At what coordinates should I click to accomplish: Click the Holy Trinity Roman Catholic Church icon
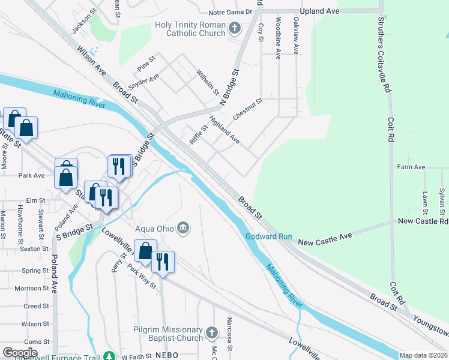tap(235, 27)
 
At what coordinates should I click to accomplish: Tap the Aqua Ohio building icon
tap(184, 227)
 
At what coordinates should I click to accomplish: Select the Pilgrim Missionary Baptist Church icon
tap(211, 332)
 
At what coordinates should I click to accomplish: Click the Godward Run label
tap(268, 236)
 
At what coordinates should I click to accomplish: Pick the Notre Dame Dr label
tap(231, 13)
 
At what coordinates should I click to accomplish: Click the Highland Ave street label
tap(224, 130)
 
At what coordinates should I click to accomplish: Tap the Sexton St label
tap(34, 248)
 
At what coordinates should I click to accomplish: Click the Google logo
tap(20, 353)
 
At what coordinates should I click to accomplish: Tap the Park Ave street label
tap(31, 176)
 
